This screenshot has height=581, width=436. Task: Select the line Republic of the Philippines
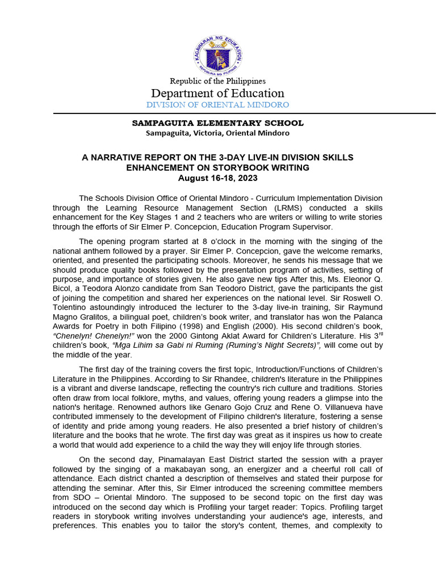[218, 81]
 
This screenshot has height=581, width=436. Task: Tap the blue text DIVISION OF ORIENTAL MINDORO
[218, 105]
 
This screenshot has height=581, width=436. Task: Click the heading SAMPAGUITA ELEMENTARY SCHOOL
[218, 123]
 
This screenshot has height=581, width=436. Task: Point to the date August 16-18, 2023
[218, 178]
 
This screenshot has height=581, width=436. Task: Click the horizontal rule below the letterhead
[244, 113]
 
